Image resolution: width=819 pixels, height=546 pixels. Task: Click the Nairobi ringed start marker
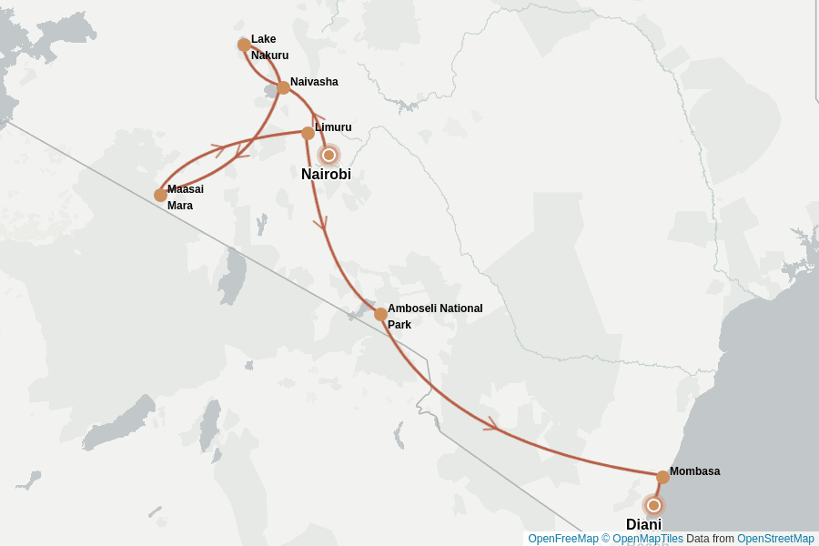(329, 155)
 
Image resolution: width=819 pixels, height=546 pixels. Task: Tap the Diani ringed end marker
(653, 505)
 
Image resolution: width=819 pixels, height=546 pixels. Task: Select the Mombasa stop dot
(662, 477)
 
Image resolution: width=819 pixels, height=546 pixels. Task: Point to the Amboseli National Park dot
(380, 314)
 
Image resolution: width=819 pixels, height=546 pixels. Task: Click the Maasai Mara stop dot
(160, 195)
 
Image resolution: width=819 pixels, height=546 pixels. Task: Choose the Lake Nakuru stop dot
(244, 45)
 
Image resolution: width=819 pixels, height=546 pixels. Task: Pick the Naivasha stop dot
(283, 87)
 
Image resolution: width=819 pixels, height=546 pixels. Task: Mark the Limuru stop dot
(308, 133)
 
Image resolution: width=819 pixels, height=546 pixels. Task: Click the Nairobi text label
(326, 175)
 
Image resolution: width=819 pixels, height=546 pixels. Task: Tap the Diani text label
(643, 524)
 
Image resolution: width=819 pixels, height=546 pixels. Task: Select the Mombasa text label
(694, 471)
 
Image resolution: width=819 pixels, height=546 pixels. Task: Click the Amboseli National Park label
(434, 316)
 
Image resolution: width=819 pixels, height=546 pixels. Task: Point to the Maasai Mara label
(185, 197)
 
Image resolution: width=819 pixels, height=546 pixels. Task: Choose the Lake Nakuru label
(269, 47)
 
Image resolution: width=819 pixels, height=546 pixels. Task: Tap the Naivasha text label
(314, 82)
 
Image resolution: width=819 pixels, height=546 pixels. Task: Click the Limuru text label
(333, 127)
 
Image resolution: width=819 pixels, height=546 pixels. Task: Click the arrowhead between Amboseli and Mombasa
(492, 424)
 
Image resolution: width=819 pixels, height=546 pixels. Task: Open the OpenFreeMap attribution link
(562, 539)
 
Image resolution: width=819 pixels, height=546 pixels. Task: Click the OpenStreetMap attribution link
(775, 539)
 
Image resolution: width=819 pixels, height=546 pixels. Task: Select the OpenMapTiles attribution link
(647, 539)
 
